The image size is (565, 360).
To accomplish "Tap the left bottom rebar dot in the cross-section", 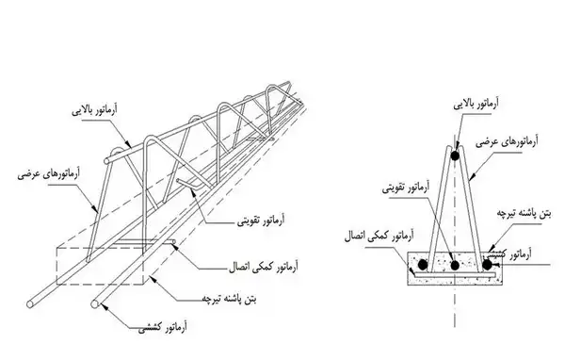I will (x=422, y=265).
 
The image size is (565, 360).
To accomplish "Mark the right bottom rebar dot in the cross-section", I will (x=487, y=265).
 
